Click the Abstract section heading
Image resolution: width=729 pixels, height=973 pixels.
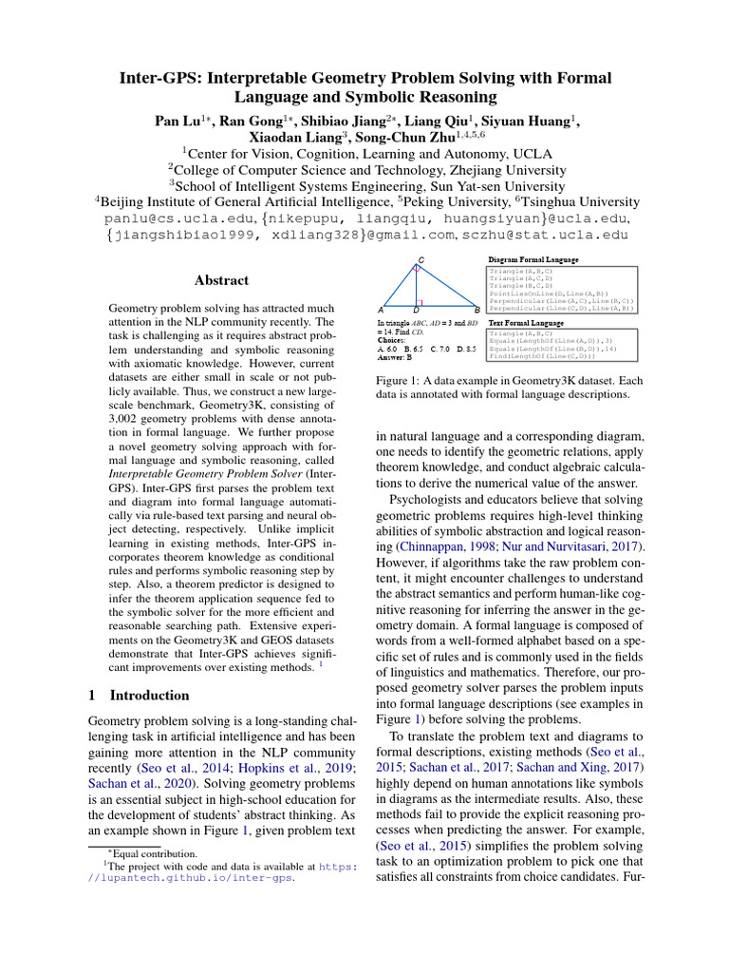tap(221, 280)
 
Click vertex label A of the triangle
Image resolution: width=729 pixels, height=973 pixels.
tap(381, 310)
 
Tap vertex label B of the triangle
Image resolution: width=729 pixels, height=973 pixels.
tap(476, 310)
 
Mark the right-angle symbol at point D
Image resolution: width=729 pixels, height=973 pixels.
tap(419, 303)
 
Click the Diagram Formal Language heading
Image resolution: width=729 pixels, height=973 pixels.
tap(533, 259)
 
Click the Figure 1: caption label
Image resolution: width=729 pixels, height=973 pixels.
tap(405, 380)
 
